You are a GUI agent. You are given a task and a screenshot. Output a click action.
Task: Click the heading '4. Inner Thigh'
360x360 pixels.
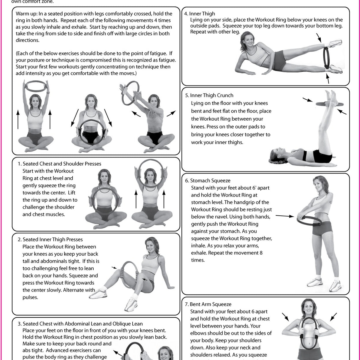click(x=199, y=13)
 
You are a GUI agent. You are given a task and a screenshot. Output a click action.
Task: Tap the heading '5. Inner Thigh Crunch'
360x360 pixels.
click(x=209, y=95)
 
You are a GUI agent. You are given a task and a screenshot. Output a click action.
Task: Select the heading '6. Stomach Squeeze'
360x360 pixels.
click(x=208, y=181)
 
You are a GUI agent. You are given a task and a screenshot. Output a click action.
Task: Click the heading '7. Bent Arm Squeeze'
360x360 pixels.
click(x=208, y=304)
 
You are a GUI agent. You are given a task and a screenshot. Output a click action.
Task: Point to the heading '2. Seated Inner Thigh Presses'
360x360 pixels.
click(x=50, y=239)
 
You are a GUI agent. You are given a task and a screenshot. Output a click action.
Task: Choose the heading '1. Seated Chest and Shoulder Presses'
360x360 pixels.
click(x=59, y=164)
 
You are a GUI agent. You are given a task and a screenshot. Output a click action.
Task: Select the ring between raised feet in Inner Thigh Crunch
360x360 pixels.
click(x=329, y=104)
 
